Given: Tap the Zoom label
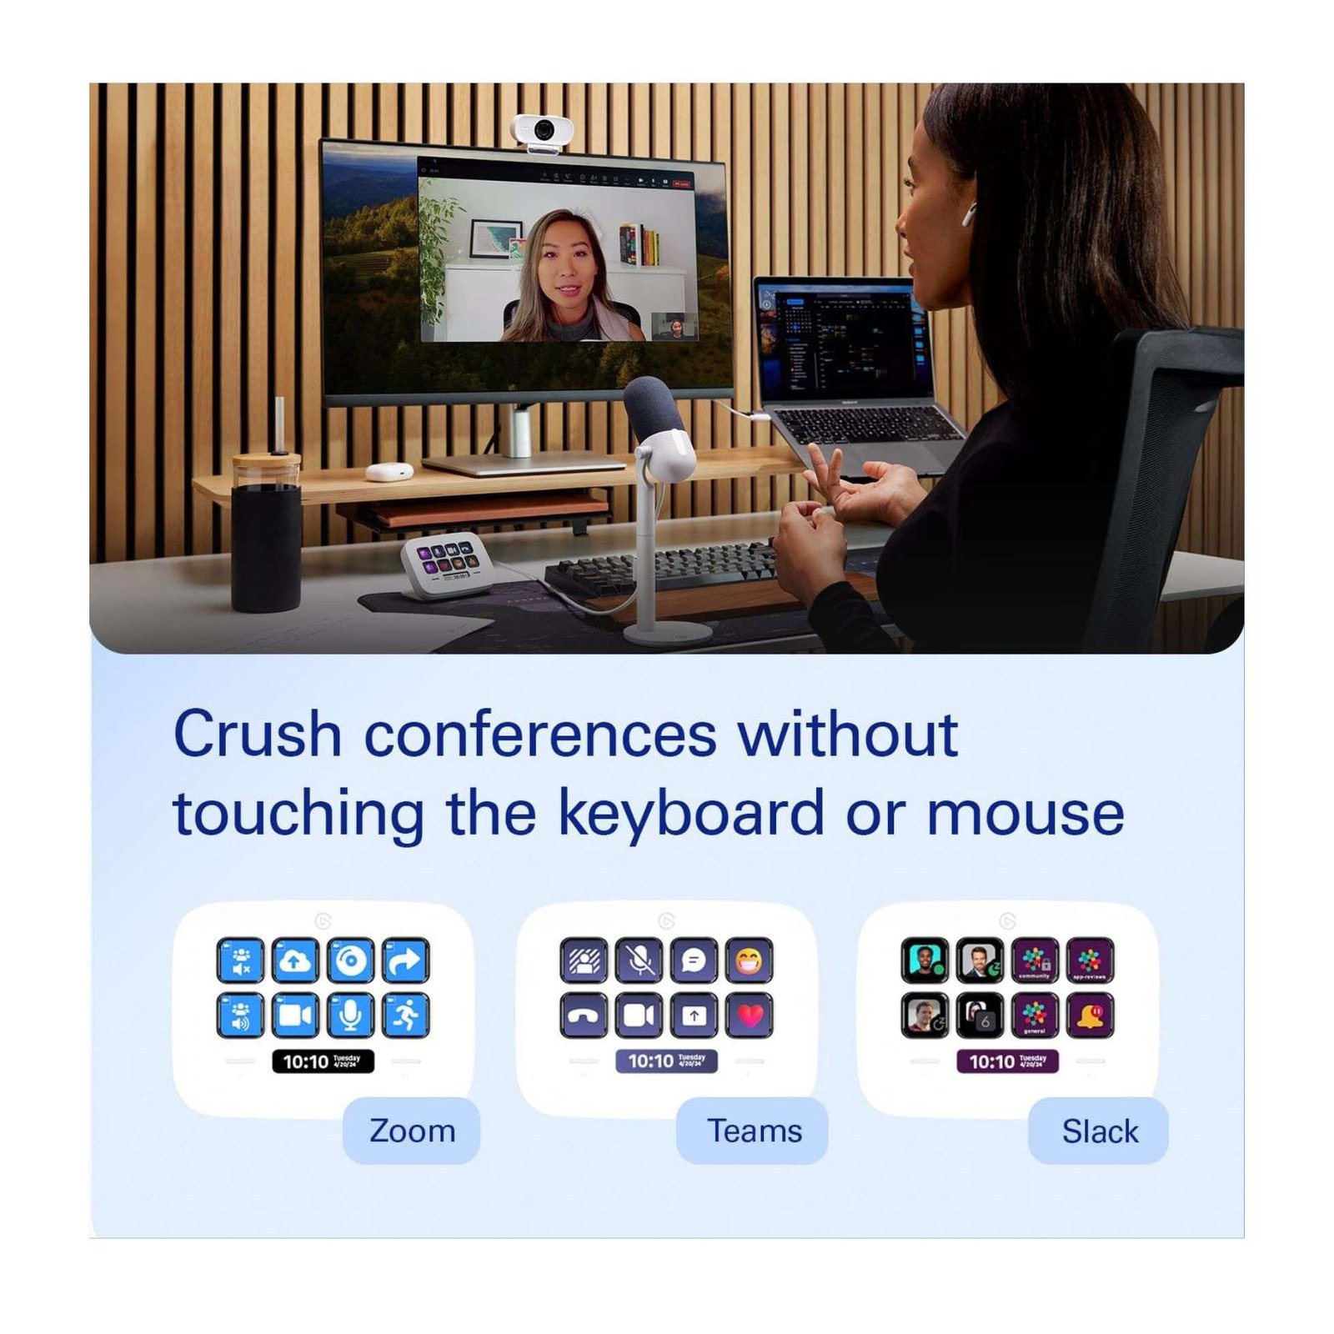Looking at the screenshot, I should click(x=412, y=1131).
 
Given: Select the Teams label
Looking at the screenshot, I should click(x=754, y=1131).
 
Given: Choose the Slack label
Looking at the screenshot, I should click(x=1099, y=1131).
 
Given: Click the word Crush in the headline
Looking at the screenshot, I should click(x=258, y=735).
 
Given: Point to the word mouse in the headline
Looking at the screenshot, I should click(x=1025, y=813).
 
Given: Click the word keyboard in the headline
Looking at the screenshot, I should click(x=691, y=813).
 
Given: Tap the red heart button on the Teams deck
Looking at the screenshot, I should click(x=750, y=1015).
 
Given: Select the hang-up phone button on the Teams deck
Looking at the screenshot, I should click(x=584, y=1015).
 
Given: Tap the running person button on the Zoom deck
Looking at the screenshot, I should click(x=406, y=1015).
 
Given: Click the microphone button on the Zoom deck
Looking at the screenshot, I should click(x=350, y=1015).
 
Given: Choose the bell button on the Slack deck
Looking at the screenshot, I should click(x=1090, y=1015).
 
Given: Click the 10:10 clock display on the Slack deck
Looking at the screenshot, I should click(x=1007, y=1061).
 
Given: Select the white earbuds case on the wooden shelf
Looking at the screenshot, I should click(x=389, y=471).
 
